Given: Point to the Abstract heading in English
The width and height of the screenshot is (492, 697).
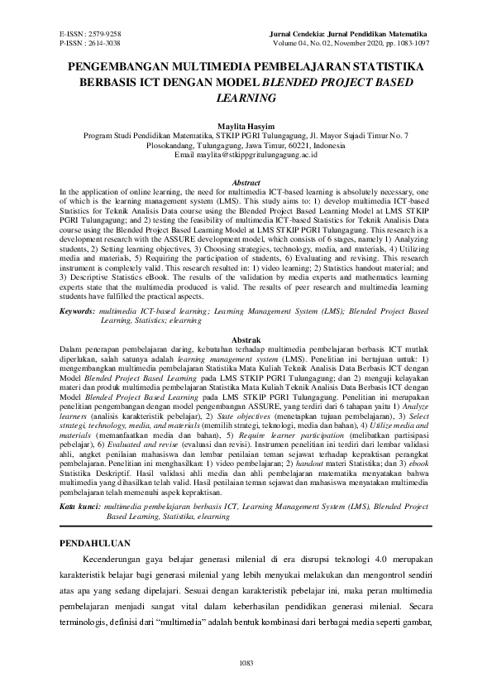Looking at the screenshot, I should (246, 182).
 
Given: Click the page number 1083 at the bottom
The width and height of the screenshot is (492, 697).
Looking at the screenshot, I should (246, 663).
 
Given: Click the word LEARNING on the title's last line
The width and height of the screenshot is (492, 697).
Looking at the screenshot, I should (246, 98).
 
